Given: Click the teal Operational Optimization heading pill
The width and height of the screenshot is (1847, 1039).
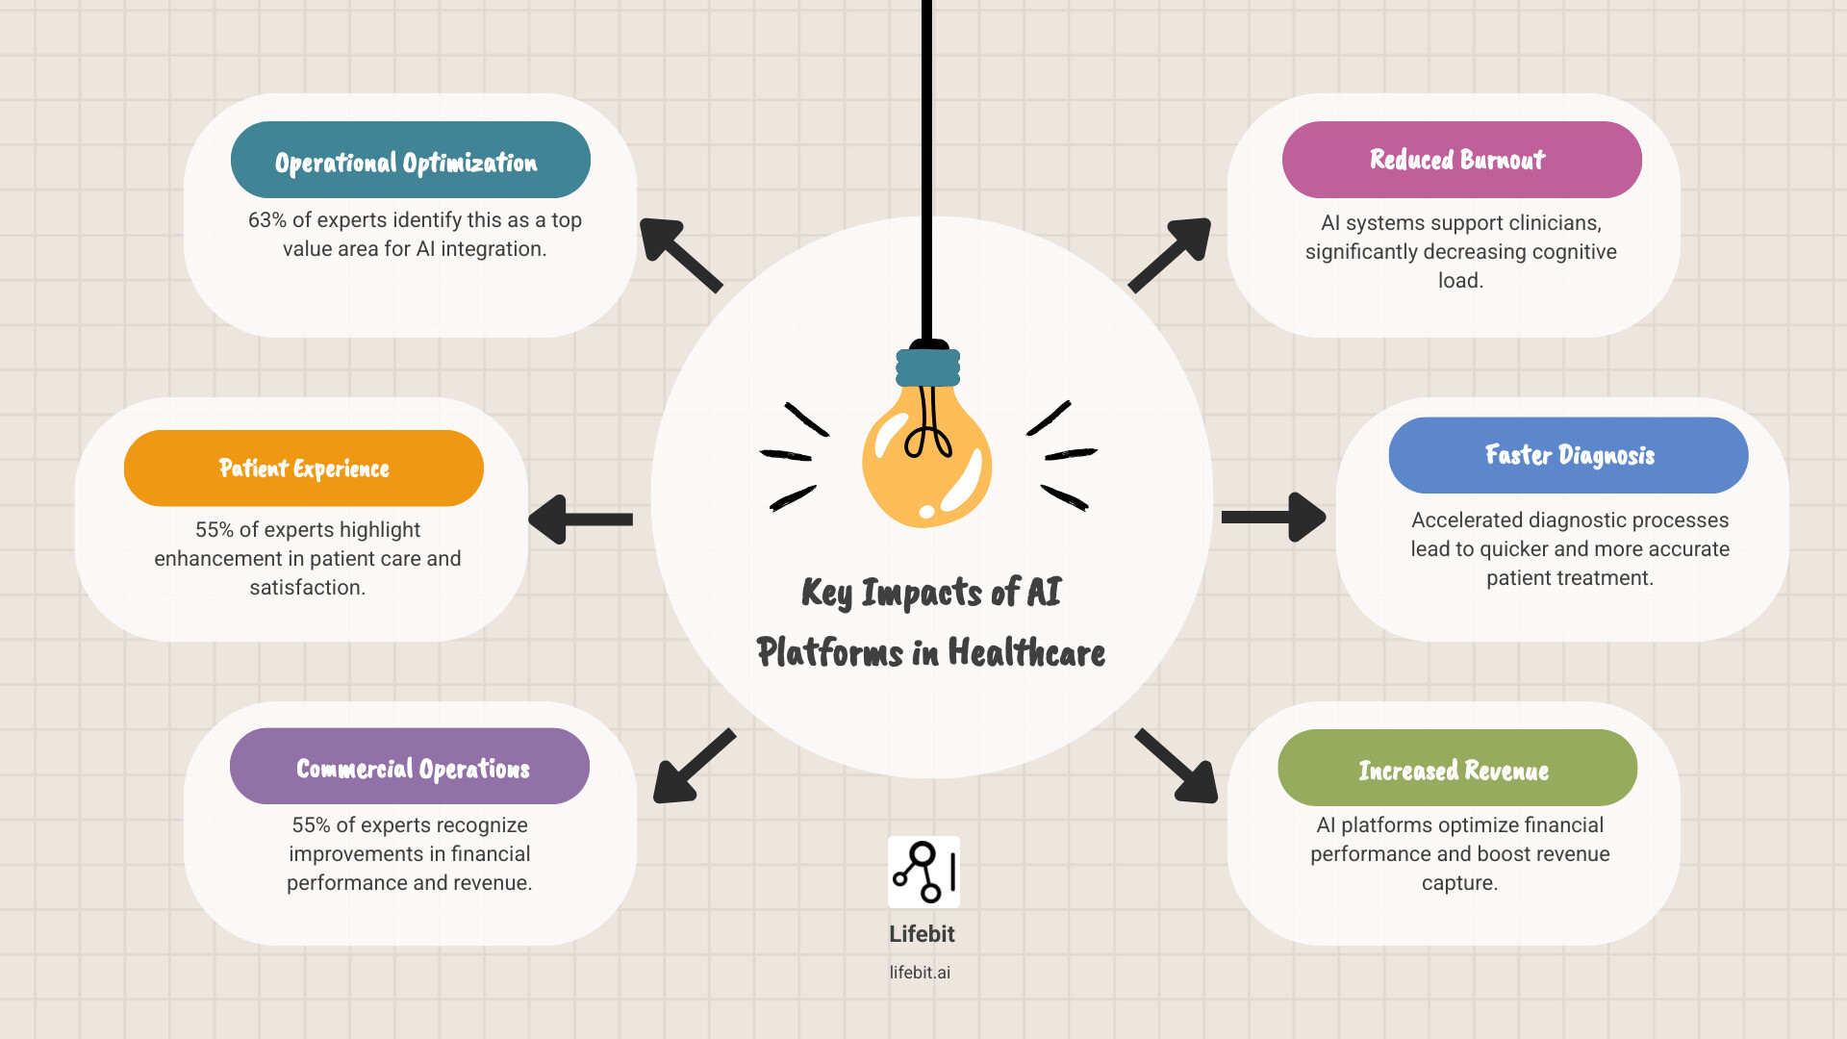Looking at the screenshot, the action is (x=410, y=160).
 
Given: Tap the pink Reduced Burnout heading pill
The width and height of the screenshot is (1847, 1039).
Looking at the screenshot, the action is (x=1461, y=160).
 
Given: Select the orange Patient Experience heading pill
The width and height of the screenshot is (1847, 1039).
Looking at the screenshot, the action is (x=303, y=469).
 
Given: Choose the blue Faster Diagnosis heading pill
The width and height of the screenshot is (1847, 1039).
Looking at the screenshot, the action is (x=1568, y=455).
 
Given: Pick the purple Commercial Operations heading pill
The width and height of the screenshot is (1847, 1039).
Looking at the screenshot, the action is (x=409, y=767).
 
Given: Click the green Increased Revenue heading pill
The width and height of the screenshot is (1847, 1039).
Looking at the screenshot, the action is (x=1456, y=768).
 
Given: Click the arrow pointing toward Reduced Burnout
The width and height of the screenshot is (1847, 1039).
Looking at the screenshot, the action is (x=1171, y=253).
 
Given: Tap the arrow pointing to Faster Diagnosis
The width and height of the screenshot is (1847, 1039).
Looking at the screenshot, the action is (x=1274, y=518).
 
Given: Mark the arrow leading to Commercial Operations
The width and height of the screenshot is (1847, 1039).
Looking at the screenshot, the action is (x=693, y=767).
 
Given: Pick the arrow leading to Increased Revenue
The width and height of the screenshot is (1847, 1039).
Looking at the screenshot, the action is (x=1178, y=767).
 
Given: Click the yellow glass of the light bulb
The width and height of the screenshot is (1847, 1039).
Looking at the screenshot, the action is (x=925, y=462).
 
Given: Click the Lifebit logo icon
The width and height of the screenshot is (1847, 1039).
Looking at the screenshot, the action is (x=923, y=872).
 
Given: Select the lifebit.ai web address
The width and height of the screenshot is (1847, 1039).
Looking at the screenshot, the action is (x=920, y=973).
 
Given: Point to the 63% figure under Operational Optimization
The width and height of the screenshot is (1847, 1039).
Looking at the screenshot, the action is (x=267, y=220).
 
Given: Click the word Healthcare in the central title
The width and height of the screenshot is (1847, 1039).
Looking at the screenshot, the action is (x=1026, y=652).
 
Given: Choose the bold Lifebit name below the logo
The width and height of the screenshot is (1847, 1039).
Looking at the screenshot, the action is (x=922, y=934).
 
